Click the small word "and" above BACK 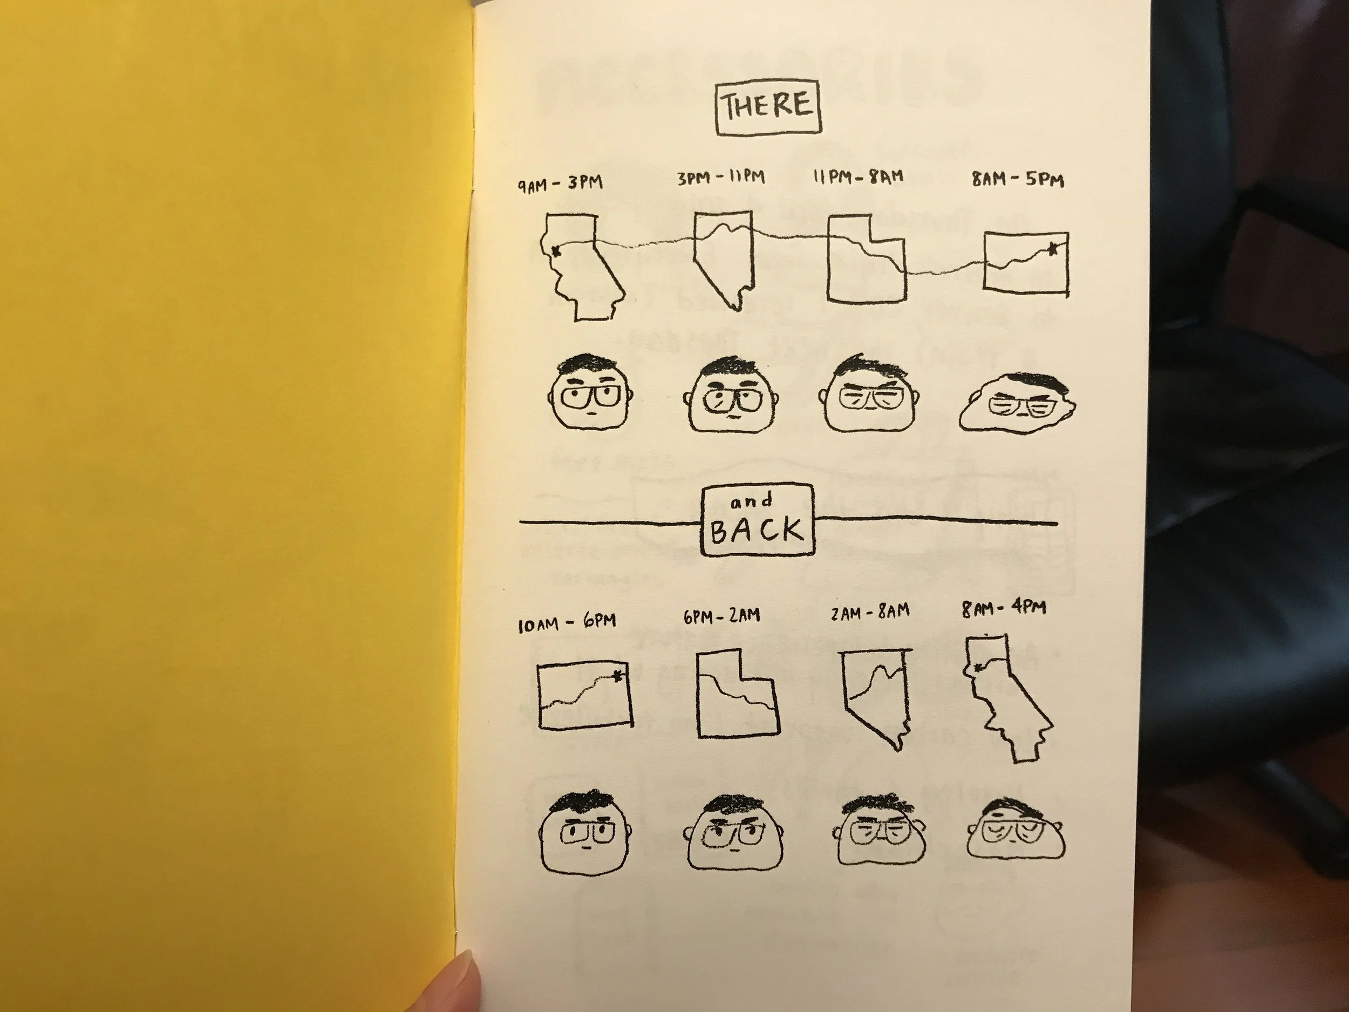click(751, 501)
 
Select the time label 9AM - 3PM click(561, 183)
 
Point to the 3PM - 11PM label click(721, 178)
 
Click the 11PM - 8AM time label click(858, 178)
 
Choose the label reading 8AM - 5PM click(1018, 179)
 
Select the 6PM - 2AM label click(721, 616)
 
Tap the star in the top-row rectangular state click(1053, 248)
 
